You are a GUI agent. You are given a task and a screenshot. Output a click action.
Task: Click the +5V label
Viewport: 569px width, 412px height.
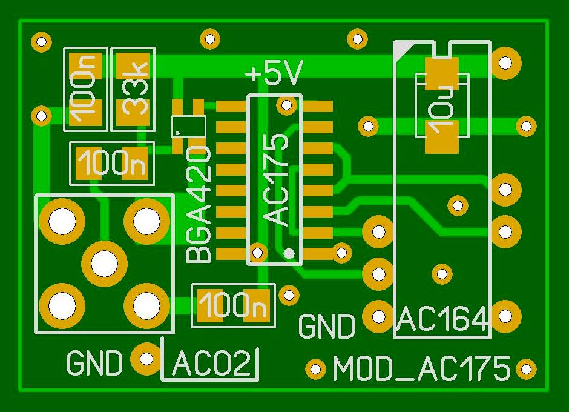pyautogui.click(x=274, y=75)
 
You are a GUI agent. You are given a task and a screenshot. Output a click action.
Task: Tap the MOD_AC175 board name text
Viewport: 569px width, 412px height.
pyautogui.click(x=421, y=369)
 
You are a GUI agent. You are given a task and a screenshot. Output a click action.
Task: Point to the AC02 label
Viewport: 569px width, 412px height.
pyautogui.click(x=211, y=365)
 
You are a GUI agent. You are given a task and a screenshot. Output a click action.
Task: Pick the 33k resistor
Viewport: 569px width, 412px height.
pyautogui.click(x=133, y=89)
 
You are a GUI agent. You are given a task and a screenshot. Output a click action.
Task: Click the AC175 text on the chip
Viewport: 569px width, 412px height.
pyautogui.click(x=277, y=181)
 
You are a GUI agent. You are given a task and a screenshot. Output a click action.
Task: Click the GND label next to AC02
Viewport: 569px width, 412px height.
pyautogui.click(x=94, y=364)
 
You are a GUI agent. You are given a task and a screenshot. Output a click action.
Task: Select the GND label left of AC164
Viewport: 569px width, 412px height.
pyautogui.click(x=327, y=326)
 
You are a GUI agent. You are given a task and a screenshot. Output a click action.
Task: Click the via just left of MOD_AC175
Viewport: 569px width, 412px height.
pyautogui.click(x=315, y=368)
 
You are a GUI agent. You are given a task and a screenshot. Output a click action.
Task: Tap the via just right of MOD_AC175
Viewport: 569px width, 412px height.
pyautogui.click(x=526, y=368)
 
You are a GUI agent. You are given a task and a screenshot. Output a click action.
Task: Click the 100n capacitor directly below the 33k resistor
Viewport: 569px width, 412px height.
pyautogui.click(x=112, y=163)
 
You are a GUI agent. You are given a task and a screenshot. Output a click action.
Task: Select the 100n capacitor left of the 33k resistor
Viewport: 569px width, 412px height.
pyautogui.click(x=85, y=89)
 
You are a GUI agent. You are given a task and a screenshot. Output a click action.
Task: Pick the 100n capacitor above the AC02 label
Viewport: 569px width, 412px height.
pyautogui.click(x=233, y=305)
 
